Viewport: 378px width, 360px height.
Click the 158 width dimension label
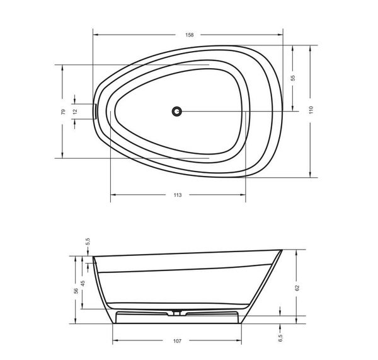pos(190,35)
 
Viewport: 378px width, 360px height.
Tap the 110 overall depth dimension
pos(311,110)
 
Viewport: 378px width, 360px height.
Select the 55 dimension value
pos(293,78)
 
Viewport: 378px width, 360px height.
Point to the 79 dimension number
pos(63,112)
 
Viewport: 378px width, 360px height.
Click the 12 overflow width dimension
pos(75,111)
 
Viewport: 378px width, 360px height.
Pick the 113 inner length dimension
pos(178,195)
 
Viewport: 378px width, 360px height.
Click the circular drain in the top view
pos(177,112)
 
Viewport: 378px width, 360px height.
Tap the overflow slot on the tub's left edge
pos(96,111)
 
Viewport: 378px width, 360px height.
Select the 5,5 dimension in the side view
pos(88,241)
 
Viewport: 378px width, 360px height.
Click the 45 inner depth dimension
pos(83,283)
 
